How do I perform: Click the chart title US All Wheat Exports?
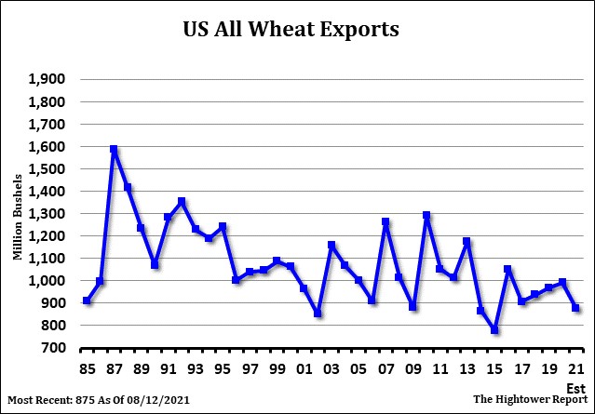(x=291, y=30)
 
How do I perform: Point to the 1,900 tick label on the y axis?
(x=47, y=79)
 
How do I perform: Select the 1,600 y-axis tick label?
(x=47, y=146)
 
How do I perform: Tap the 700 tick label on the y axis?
(x=52, y=348)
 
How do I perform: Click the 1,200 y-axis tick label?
(x=47, y=235)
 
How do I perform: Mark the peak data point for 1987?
(x=114, y=149)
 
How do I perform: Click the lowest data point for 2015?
(x=494, y=330)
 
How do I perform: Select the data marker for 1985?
(x=87, y=300)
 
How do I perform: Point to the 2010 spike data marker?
(x=426, y=216)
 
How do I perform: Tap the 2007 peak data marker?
(x=385, y=222)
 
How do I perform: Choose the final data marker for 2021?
(x=576, y=308)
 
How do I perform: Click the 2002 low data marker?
(x=318, y=314)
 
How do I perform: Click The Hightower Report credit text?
(x=530, y=399)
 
